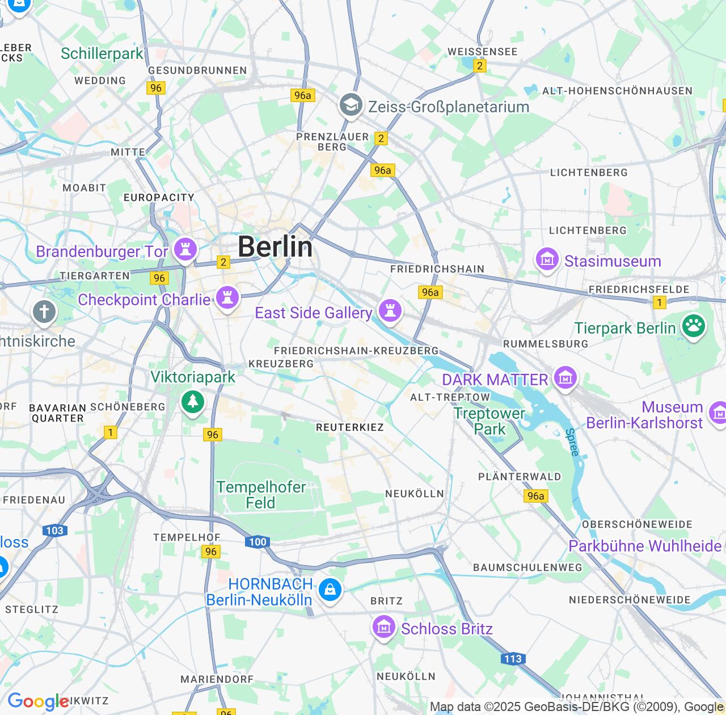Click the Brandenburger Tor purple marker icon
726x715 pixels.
[185, 249]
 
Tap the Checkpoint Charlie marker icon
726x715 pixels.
[227, 297]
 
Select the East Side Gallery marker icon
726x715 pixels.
[390, 310]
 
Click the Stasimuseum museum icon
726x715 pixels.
[547, 259]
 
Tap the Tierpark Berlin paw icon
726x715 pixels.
[693, 326]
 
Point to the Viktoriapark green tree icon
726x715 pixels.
[193, 402]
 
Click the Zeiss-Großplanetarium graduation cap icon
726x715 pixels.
[351, 105]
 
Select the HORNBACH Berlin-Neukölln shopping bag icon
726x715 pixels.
[330, 590]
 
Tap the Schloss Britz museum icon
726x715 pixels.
[384, 627]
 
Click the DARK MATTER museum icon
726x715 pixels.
[565, 377]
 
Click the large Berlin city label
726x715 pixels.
[275, 247]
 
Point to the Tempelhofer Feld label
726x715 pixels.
[261, 495]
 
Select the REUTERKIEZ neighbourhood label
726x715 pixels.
[349, 427]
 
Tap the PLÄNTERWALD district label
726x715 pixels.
[520, 477]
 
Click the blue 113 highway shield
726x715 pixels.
[513, 659]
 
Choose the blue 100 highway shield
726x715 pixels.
[258, 542]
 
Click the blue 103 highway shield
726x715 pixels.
[55, 531]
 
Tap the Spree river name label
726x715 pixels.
[572, 443]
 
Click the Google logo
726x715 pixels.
[38, 701]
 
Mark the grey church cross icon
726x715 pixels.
[44, 312]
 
